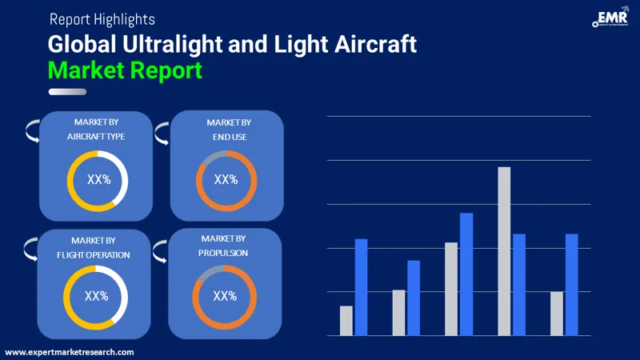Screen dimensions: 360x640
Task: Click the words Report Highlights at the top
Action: pyautogui.click(x=102, y=18)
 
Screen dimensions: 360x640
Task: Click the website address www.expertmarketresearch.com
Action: pyautogui.click(x=70, y=352)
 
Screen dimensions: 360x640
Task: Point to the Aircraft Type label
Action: pyautogui.click(x=95, y=137)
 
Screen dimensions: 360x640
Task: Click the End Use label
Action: pyautogui.click(x=228, y=137)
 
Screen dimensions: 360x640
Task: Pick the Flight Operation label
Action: pyautogui.click(x=94, y=254)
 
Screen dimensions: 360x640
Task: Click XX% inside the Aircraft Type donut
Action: pyautogui.click(x=98, y=181)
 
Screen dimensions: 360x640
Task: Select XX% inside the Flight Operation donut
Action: pyautogui.click(x=96, y=296)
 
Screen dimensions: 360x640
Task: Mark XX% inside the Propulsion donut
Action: pyautogui.click(x=225, y=296)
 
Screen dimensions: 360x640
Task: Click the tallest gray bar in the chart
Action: pyautogui.click(x=504, y=251)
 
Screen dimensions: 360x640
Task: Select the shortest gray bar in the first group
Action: pyautogui.click(x=346, y=321)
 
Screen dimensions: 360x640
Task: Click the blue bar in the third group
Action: pyautogui.click(x=466, y=274)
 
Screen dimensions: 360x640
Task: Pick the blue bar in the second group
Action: pyautogui.click(x=414, y=298)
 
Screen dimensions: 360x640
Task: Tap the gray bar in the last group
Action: pyautogui.click(x=557, y=314)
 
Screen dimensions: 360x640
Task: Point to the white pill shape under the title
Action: pyautogui.click(x=67, y=92)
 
